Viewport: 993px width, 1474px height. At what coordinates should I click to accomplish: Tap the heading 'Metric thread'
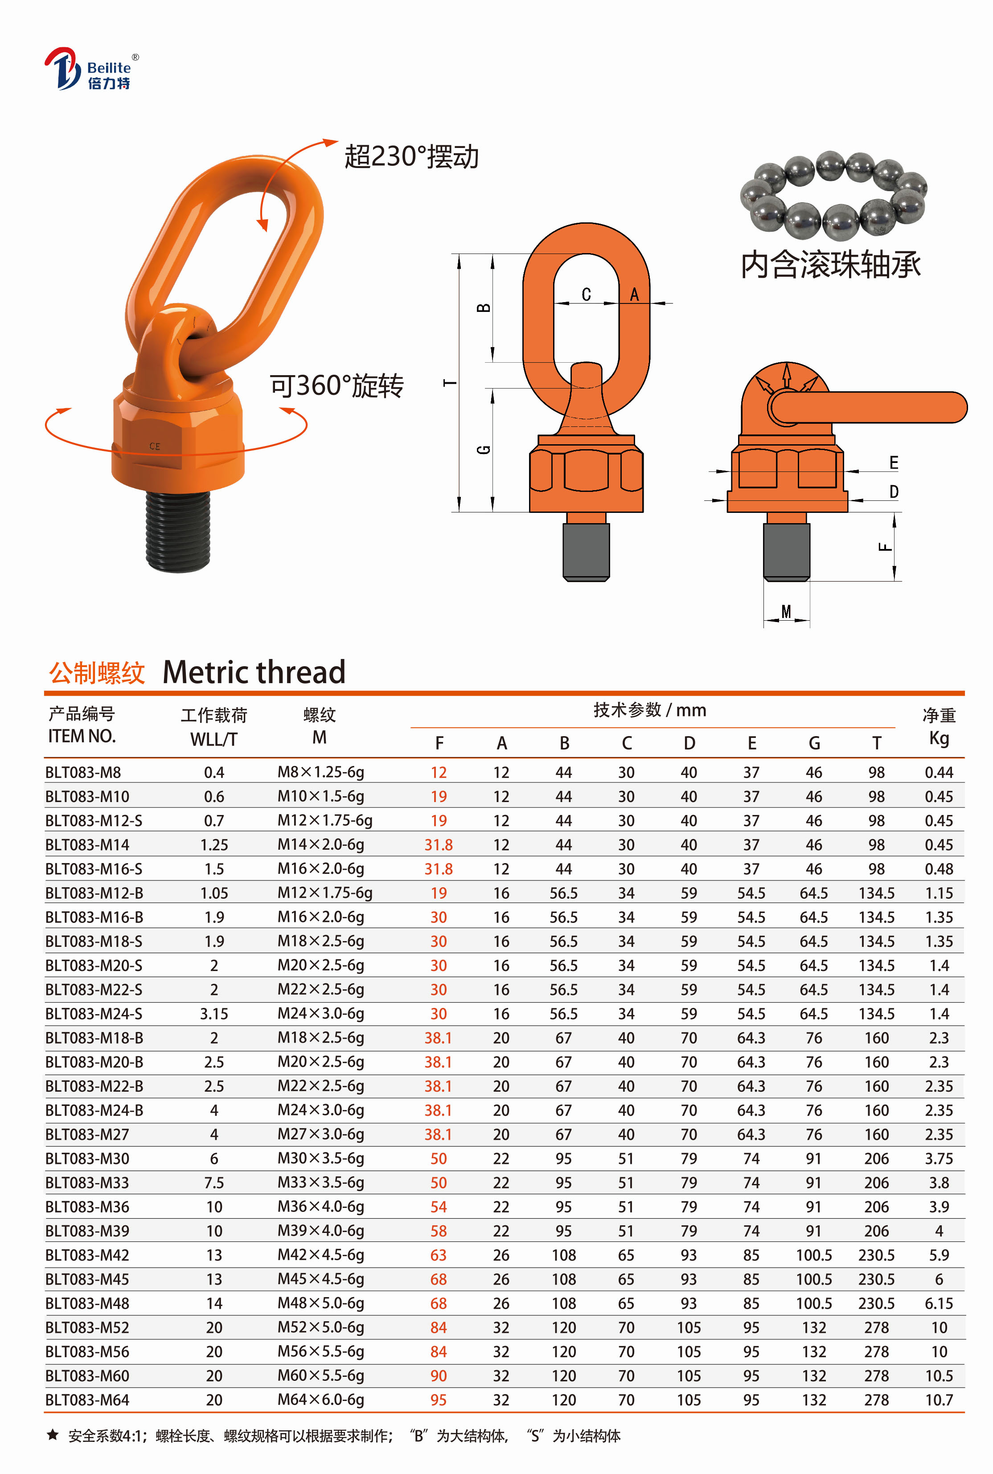click(x=254, y=672)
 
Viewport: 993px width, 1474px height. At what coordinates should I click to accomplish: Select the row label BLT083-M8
click(x=83, y=773)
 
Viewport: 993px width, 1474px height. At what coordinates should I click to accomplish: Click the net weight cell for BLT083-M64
click(x=939, y=1400)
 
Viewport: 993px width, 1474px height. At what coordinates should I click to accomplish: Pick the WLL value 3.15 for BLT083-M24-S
click(x=214, y=1014)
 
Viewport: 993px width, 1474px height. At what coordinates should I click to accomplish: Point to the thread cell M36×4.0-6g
click(x=320, y=1207)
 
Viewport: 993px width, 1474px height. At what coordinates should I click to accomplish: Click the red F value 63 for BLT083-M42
click(x=438, y=1255)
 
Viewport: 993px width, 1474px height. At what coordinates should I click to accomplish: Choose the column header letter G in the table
click(x=814, y=743)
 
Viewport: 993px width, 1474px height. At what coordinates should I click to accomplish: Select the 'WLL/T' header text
click(x=214, y=739)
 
